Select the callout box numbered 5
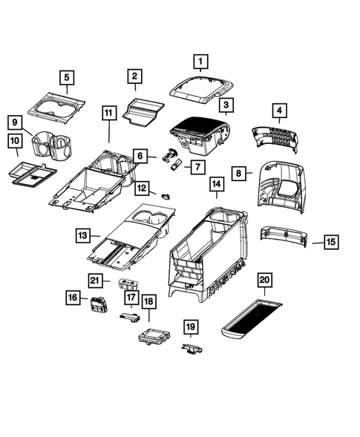pyautogui.click(x=66, y=77)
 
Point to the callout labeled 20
pyautogui.click(x=264, y=280)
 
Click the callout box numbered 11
pyautogui.click(x=109, y=114)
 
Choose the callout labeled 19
pyautogui.click(x=190, y=327)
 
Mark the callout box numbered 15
pyautogui.click(x=331, y=242)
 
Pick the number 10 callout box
pyautogui.click(x=15, y=140)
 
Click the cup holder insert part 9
pyautogui.click(x=52, y=142)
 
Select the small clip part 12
pyautogui.click(x=165, y=195)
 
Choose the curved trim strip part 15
pyautogui.click(x=286, y=237)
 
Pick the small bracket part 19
pyautogui.click(x=191, y=347)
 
